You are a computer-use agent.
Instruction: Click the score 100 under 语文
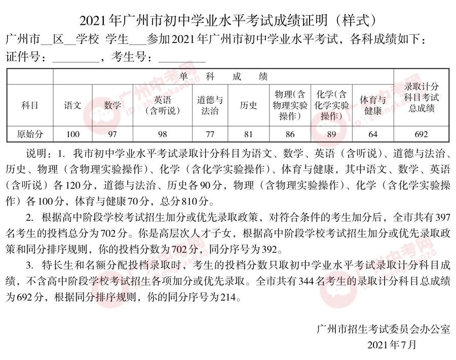click(73, 134)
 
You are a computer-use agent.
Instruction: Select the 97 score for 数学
click(112, 134)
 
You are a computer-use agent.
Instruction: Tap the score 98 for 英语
click(162, 134)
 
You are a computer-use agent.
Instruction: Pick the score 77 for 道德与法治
click(209, 134)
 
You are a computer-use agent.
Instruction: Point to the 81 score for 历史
click(248, 134)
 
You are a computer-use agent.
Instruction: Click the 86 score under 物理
click(290, 134)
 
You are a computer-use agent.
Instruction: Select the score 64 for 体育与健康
click(373, 134)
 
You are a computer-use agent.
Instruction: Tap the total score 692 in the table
click(421, 134)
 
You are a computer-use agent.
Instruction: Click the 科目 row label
click(29, 105)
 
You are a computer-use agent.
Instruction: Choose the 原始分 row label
click(30, 134)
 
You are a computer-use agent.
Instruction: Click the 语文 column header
click(73, 105)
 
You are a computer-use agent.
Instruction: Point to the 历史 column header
click(248, 105)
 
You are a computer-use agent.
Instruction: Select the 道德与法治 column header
click(209, 105)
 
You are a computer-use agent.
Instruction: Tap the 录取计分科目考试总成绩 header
click(421, 97)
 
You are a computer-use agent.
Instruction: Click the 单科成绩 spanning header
click(223, 76)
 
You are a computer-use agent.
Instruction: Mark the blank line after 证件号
click(77, 60)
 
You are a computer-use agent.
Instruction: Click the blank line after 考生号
click(182, 60)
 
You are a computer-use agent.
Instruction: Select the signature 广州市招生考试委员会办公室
click(383, 329)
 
